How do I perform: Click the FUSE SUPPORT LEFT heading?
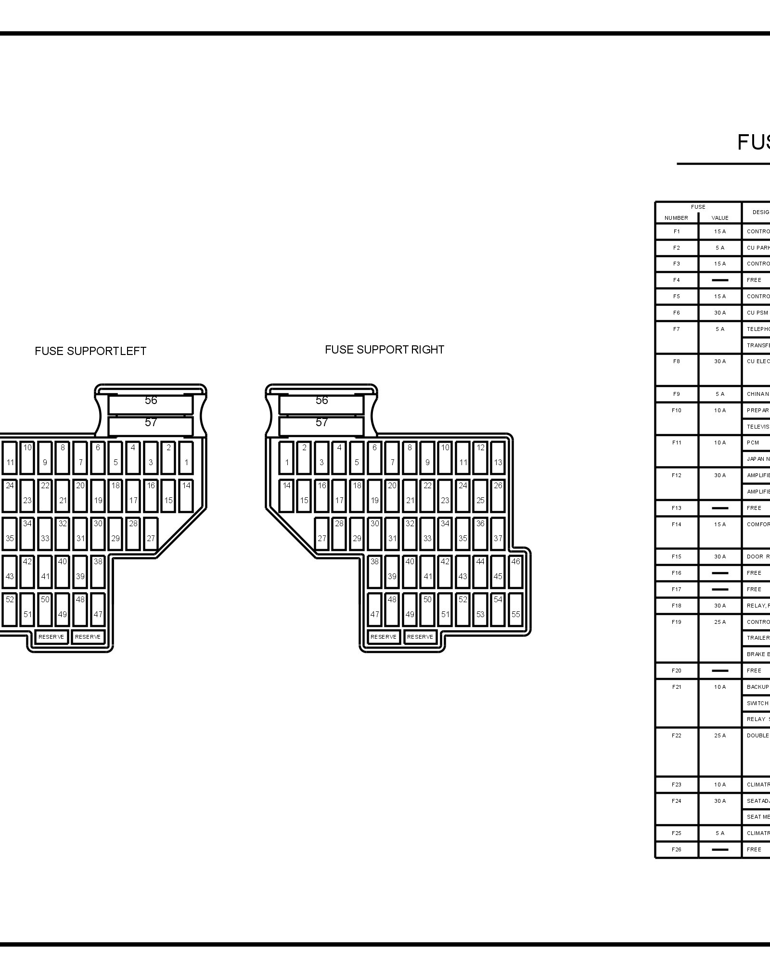90,351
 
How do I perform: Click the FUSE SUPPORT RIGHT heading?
384,350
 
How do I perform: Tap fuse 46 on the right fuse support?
515,571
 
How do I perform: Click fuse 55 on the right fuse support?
515,609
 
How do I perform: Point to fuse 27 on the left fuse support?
151,533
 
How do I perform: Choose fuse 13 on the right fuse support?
498,457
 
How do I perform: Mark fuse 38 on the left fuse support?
98,571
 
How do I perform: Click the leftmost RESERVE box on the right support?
384,637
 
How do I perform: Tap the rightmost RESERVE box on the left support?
88,637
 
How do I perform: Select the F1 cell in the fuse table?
677,231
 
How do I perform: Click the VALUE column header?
720,218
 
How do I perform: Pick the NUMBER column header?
676,218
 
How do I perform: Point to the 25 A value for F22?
720,735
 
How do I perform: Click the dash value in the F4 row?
720,280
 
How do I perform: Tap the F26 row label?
677,849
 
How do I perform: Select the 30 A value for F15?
720,557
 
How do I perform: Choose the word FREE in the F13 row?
754,508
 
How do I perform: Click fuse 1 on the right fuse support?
286,457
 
